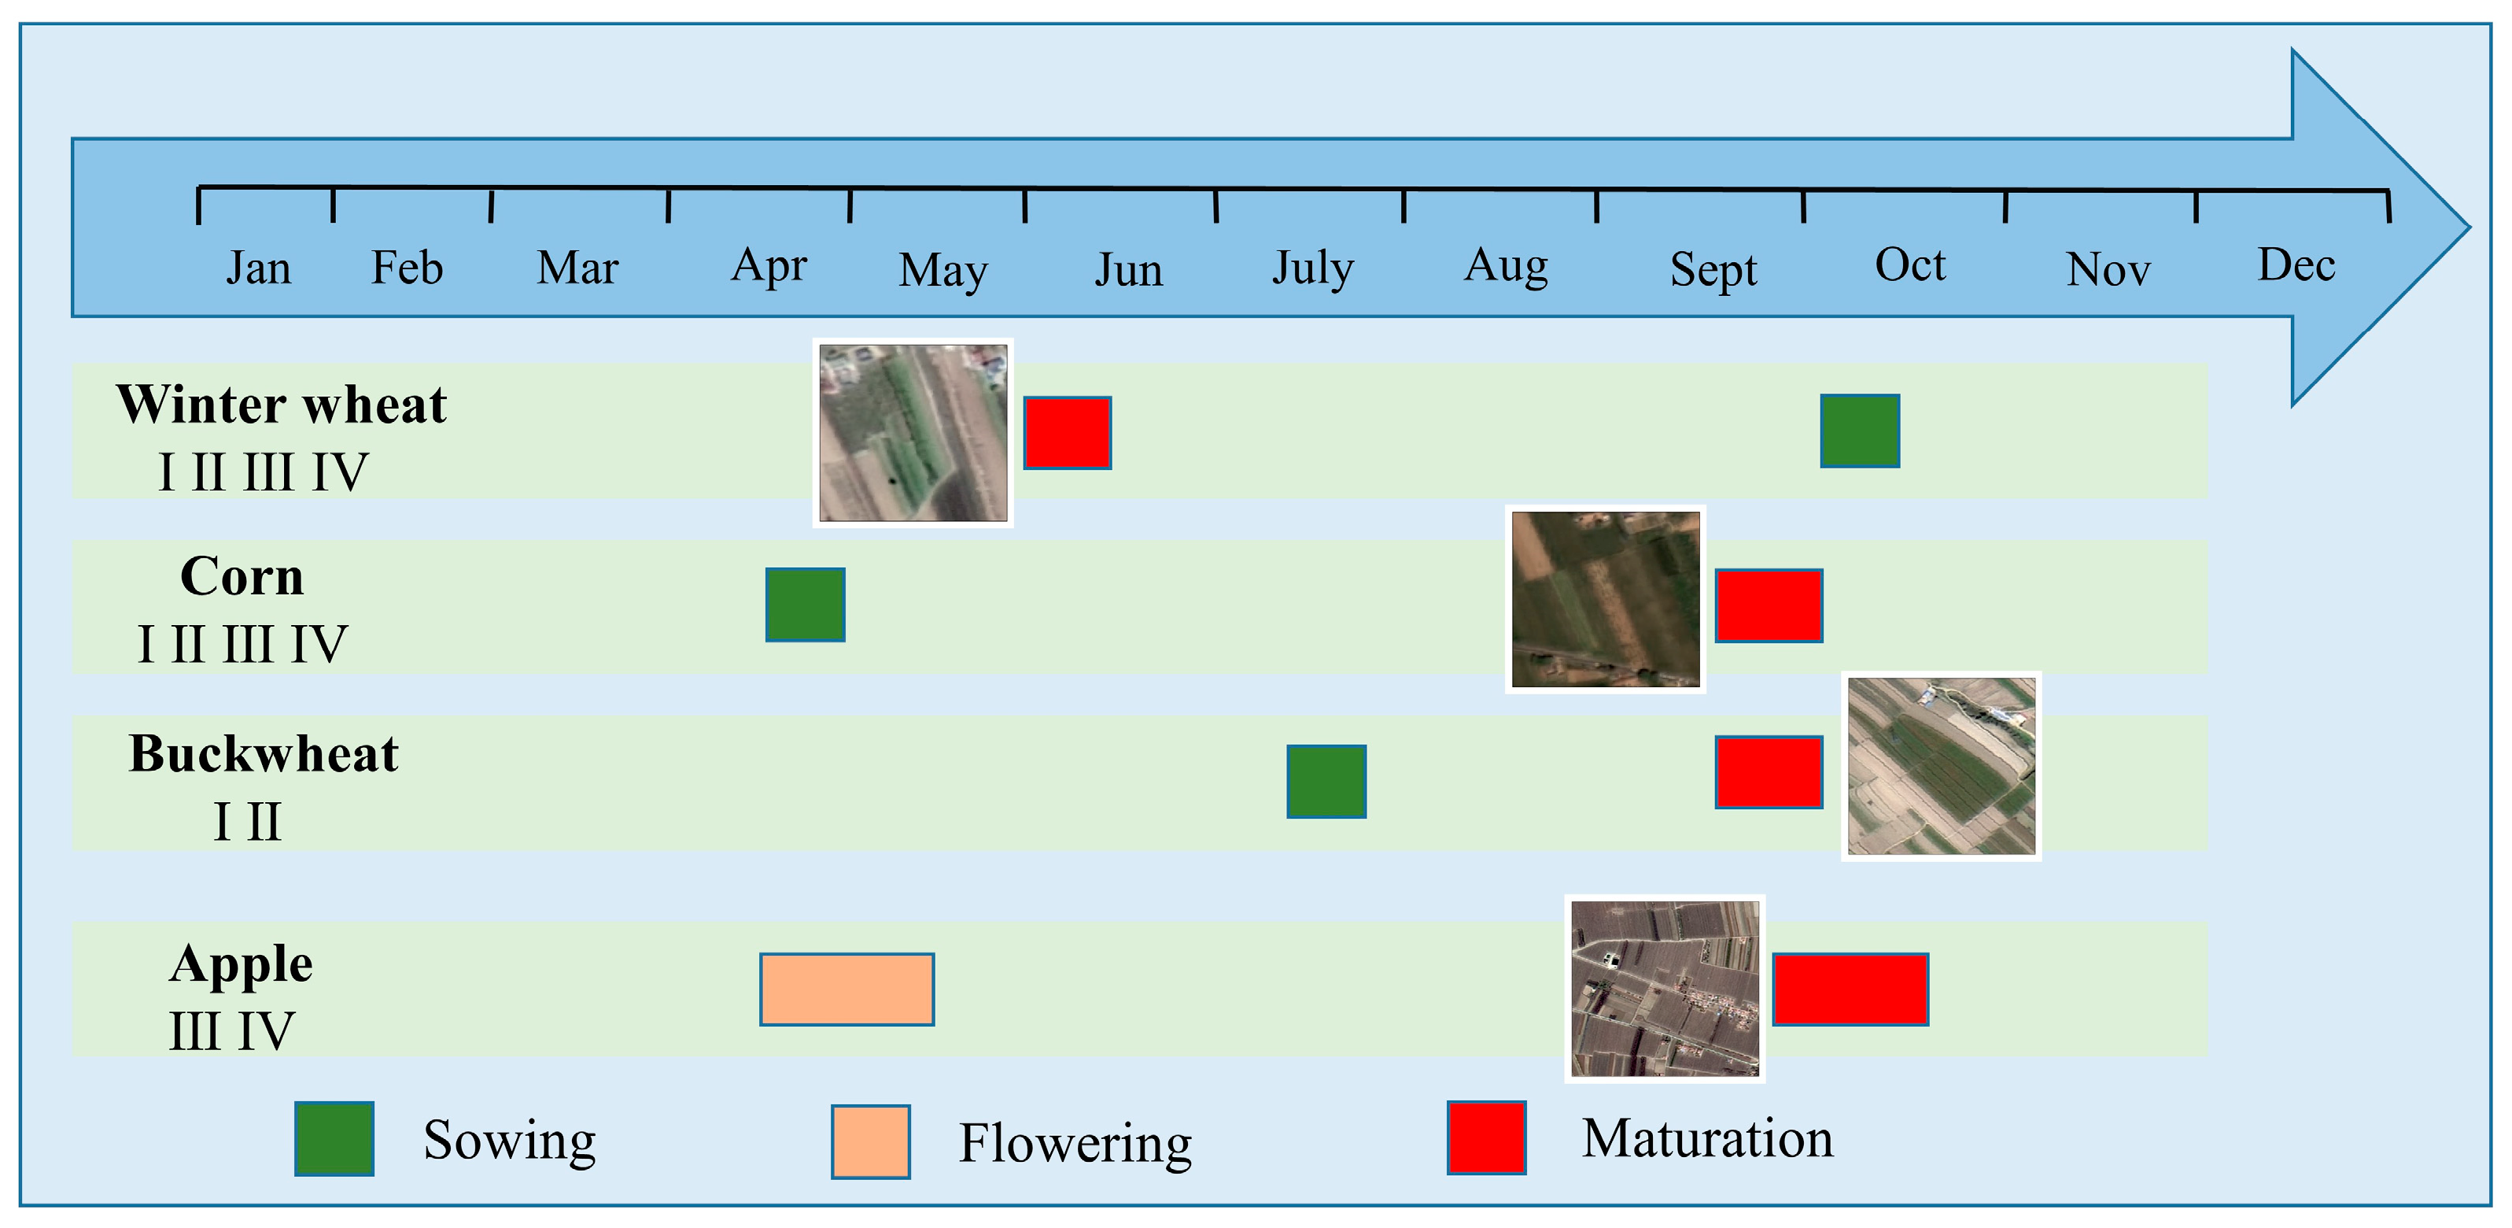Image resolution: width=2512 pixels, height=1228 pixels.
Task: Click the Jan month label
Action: click(x=258, y=268)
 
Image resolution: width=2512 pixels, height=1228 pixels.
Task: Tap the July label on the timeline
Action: click(x=1312, y=268)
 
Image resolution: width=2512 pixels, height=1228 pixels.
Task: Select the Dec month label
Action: click(x=2296, y=264)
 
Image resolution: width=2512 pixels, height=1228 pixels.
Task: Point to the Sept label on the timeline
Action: click(x=1713, y=269)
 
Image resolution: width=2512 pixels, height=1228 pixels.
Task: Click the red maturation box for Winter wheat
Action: click(x=1067, y=432)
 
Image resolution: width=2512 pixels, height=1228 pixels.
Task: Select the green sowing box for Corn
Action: click(x=805, y=604)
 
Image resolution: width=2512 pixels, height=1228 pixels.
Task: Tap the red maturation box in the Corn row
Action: click(x=1768, y=605)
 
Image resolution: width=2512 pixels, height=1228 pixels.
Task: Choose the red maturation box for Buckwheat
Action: click(x=1768, y=771)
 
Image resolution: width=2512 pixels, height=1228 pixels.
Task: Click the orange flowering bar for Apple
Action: click(x=847, y=988)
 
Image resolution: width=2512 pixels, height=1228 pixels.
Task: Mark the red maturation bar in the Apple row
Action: click(x=1849, y=988)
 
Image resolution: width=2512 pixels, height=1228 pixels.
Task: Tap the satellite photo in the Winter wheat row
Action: click(x=913, y=432)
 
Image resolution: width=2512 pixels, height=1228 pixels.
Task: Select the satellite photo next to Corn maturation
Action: click(x=1604, y=599)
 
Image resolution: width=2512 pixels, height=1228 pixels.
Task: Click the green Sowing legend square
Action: click(x=334, y=1137)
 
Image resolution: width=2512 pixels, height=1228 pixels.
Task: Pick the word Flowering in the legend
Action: click(x=1075, y=1142)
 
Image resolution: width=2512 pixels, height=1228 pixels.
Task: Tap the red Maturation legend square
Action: click(x=1485, y=1137)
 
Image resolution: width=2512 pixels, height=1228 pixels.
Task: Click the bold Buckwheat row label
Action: click(x=264, y=753)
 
